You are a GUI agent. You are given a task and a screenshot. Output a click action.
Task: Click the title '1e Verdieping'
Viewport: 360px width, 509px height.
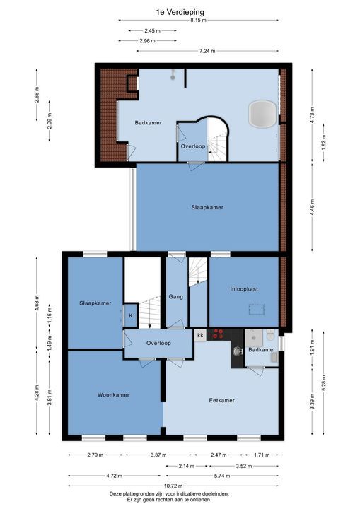[x=179, y=11]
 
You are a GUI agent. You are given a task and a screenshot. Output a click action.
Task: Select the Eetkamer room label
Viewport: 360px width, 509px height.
[x=221, y=400]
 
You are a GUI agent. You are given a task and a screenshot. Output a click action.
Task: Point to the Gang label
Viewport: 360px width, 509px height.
[x=176, y=297]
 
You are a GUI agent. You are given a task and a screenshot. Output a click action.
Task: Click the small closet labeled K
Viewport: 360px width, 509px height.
[x=131, y=315]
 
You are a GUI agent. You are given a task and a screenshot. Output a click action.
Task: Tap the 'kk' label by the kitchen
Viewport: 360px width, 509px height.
[x=200, y=335]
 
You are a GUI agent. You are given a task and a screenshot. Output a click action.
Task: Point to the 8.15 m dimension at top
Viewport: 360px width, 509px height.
[x=199, y=21]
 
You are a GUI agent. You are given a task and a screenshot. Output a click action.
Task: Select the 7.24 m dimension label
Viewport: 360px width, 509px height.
[x=207, y=51]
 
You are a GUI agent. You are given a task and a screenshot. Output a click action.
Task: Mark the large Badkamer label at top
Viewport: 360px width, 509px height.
[x=149, y=122]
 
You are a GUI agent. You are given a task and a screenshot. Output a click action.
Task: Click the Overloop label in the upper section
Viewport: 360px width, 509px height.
[x=192, y=146]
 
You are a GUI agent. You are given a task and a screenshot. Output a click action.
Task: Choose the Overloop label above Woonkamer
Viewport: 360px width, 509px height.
[x=158, y=343]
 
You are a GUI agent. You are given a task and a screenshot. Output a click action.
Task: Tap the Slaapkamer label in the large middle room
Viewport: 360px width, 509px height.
[x=207, y=207]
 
